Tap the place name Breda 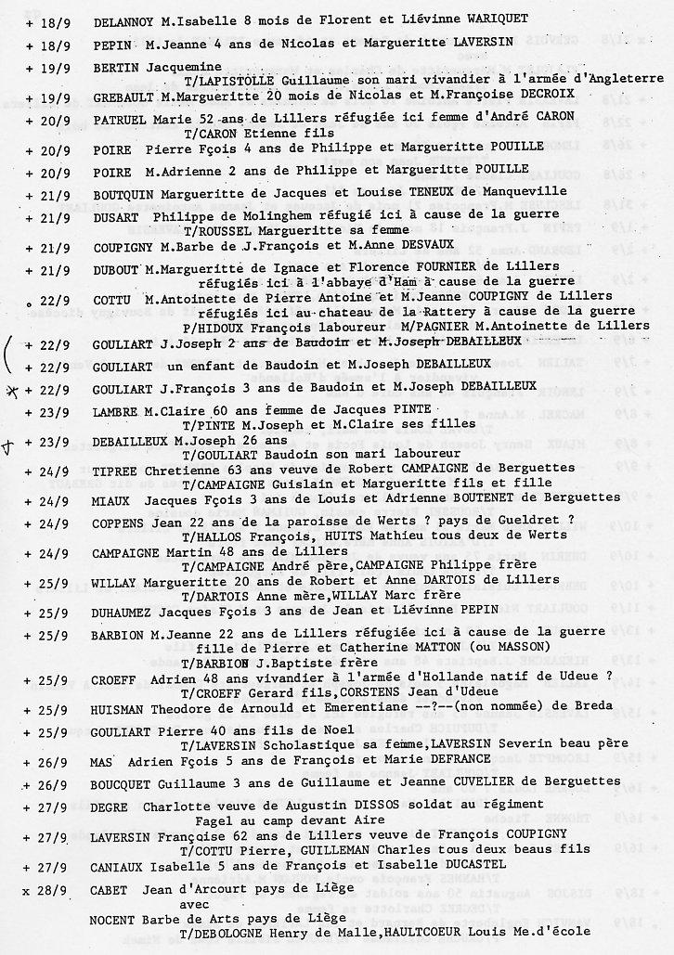pos(593,706)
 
